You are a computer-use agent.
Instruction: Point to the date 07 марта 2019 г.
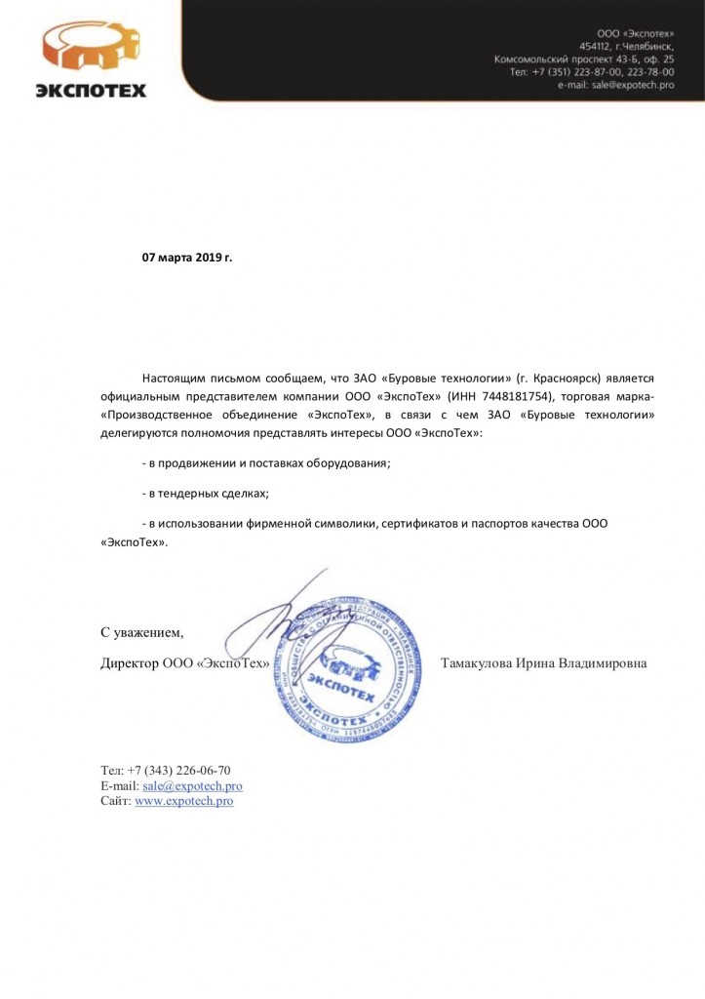pos(188,258)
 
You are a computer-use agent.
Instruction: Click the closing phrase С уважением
pos(142,632)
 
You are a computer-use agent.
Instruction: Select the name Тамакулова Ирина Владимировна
pos(543,663)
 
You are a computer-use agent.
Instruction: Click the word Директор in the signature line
pos(130,663)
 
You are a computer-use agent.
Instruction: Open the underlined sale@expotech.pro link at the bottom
pos(192,785)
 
